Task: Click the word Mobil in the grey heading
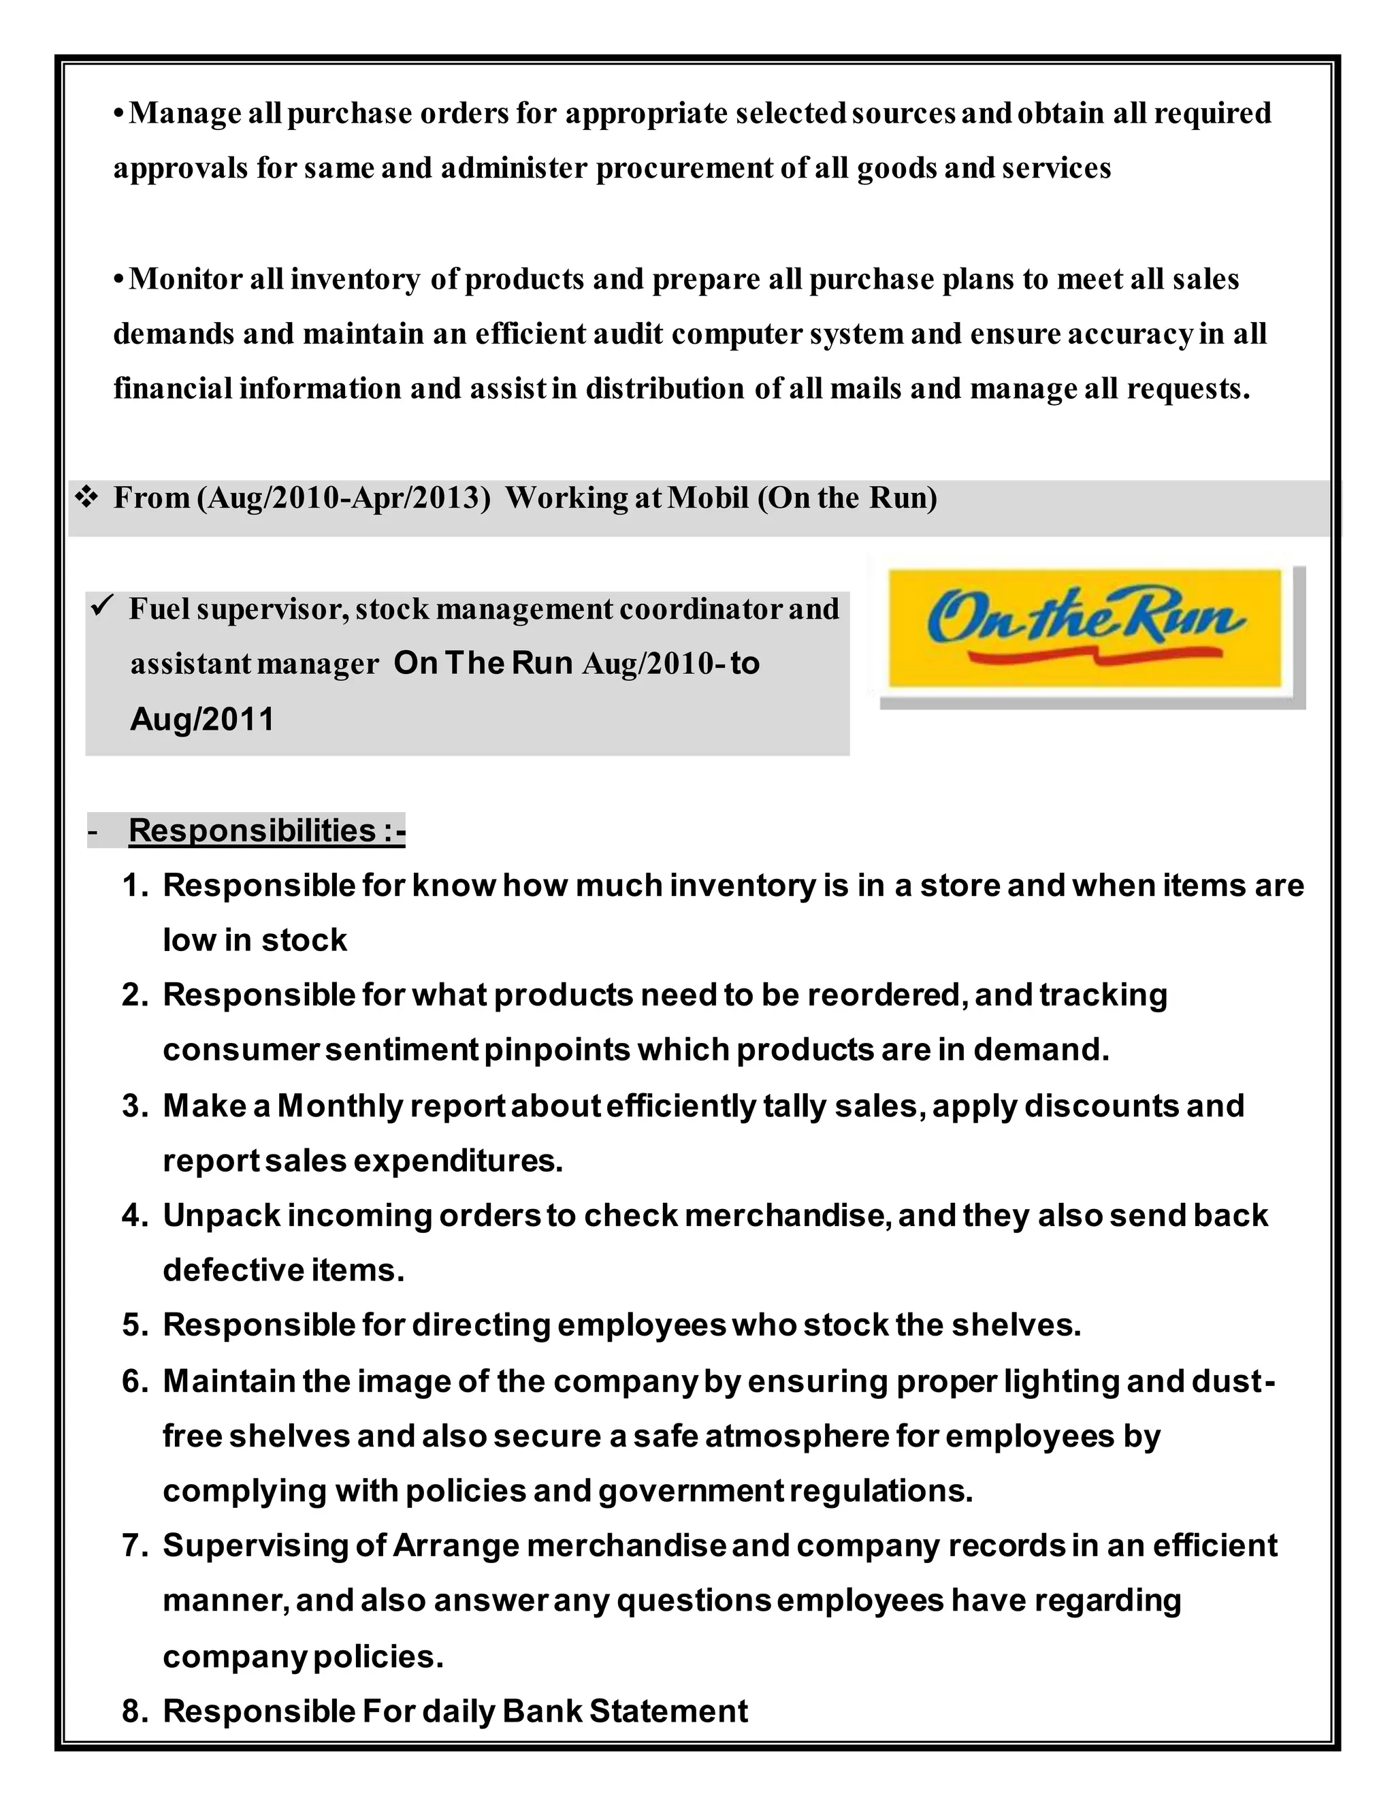coord(708,498)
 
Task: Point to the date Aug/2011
coord(201,719)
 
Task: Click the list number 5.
coord(134,1325)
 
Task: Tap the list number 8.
coord(134,1711)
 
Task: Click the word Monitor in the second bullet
coord(185,279)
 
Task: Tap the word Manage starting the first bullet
coord(185,113)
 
